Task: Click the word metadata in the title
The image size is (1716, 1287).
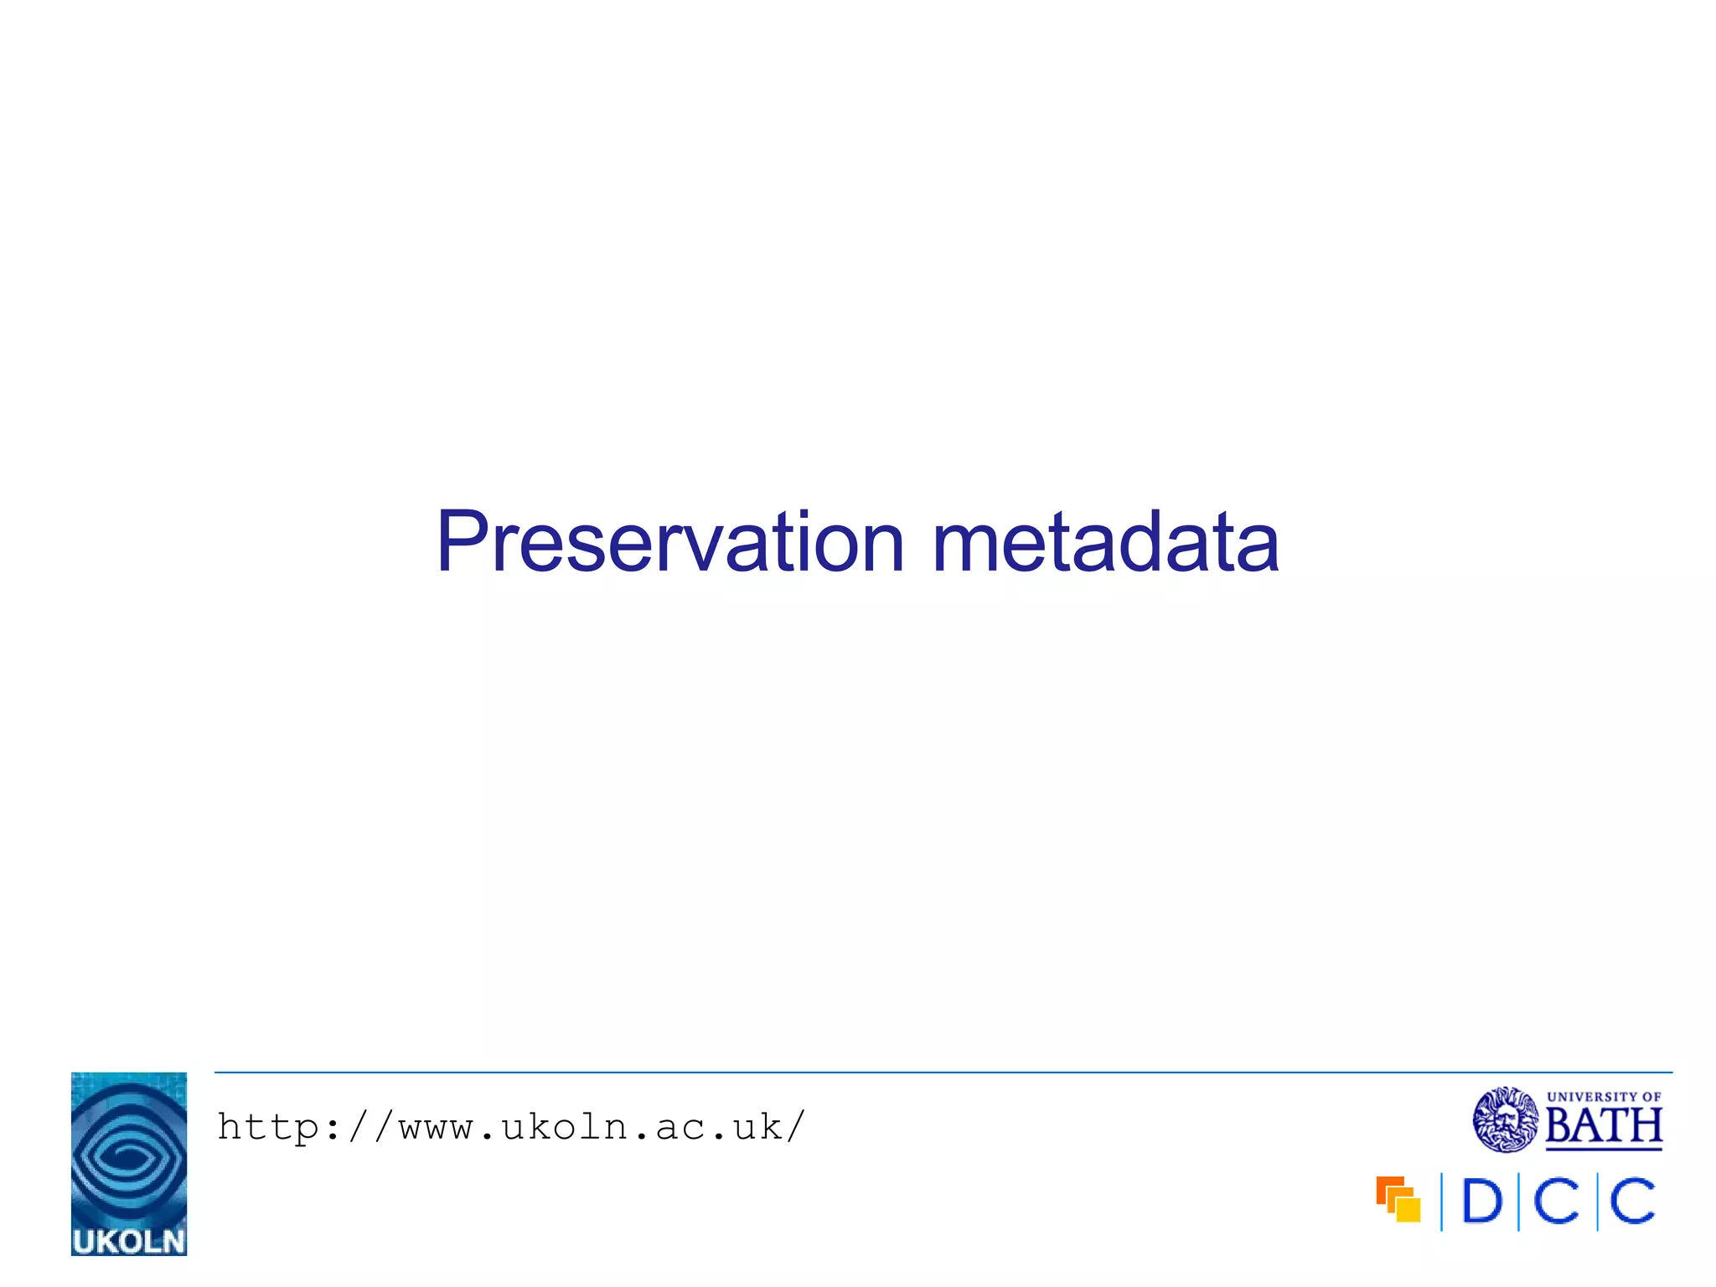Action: [x=1105, y=542]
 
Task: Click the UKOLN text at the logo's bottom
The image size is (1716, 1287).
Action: [x=129, y=1241]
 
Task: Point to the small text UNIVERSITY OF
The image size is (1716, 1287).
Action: [x=1604, y=1096]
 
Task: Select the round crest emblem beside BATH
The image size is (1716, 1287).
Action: [x=1506, y=1119]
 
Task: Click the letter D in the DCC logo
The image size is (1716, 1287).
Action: [x=1481, y=1202]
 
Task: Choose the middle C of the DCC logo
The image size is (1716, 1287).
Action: [x=1557, y=1202]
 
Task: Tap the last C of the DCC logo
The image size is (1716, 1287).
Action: [x=1633, y=1202]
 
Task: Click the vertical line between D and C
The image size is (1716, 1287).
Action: [x=1518, y=1202]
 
